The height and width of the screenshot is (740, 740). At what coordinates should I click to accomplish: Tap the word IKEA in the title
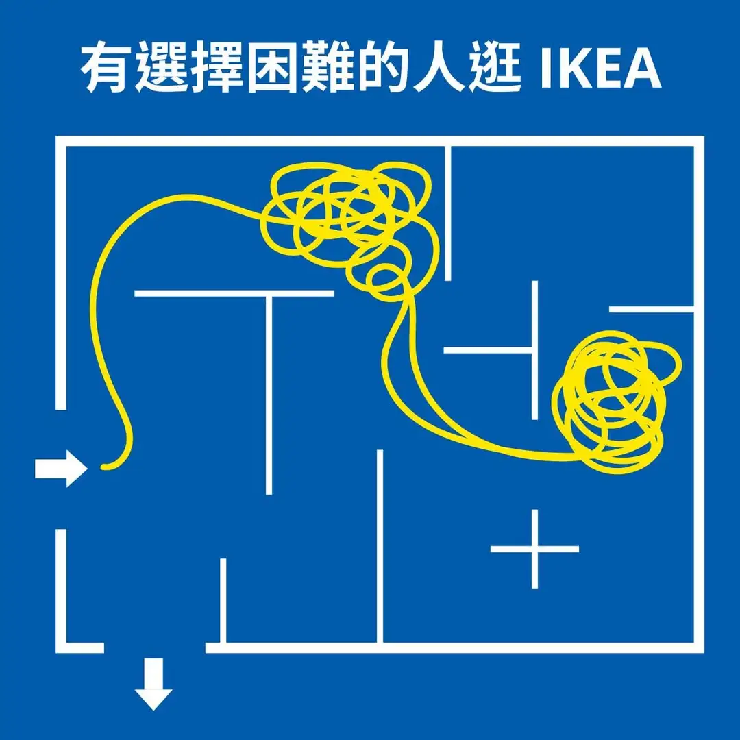point(600,69)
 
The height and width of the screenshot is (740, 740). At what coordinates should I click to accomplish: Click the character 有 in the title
point(107,69)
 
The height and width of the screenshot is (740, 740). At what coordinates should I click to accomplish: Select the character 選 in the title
point(163,69)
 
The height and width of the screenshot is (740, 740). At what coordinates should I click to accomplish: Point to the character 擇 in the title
point(218,69)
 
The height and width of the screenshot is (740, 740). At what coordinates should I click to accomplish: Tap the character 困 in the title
point(273,69)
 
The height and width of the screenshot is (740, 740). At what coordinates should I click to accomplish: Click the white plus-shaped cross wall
point(534,549)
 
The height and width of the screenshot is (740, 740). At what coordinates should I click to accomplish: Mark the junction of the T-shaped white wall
point(269,294)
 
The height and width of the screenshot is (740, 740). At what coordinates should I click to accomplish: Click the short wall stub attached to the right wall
point(651,310)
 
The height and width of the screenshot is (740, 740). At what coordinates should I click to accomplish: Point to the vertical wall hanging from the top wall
point(448,212)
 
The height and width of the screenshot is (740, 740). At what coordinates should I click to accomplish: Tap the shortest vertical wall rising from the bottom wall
point(223,600)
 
